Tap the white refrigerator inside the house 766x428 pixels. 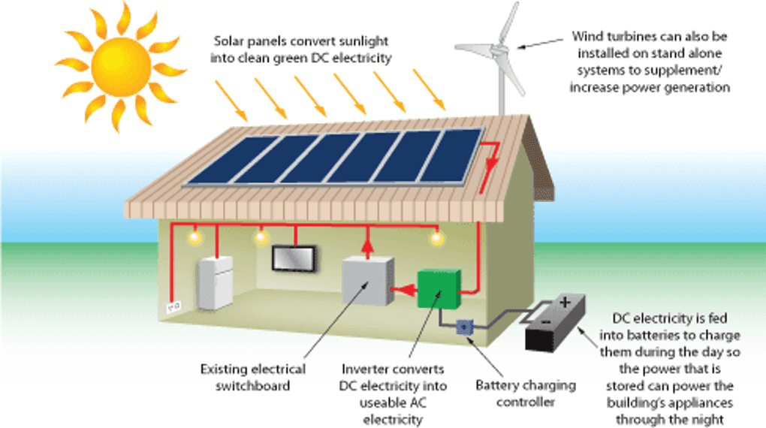tap(216, 283)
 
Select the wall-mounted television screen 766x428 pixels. tap(293, 258)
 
